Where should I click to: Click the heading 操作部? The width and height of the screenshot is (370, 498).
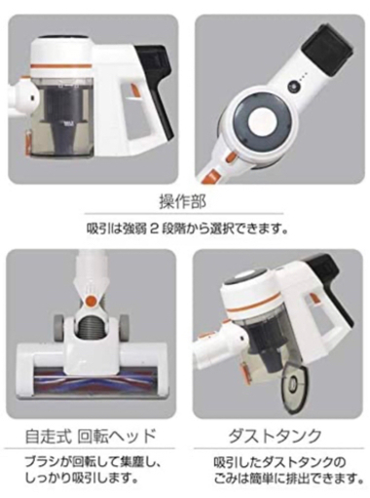click(x=182, y=202)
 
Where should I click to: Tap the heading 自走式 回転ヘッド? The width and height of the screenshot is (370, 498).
click(x=91, y=436)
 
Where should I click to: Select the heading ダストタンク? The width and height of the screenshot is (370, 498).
click(x=275, y=436)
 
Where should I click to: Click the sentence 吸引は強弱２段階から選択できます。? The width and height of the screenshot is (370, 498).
click(x=187, y=230)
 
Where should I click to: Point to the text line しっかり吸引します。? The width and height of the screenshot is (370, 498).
click(x=80, y=478)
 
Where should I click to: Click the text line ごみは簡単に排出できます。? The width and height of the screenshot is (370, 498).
click(x=288, y=478)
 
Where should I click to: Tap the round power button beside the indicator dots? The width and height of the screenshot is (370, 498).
click(x=293, y=87)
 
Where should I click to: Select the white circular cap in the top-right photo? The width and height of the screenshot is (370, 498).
click(x=262, y=124)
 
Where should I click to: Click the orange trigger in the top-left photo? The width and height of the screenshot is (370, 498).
click(x=133, y=89)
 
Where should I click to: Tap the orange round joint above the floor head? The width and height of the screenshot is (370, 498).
click(x=91, y=301)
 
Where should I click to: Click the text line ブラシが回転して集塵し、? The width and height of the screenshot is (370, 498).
click(x=93, y=462)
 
